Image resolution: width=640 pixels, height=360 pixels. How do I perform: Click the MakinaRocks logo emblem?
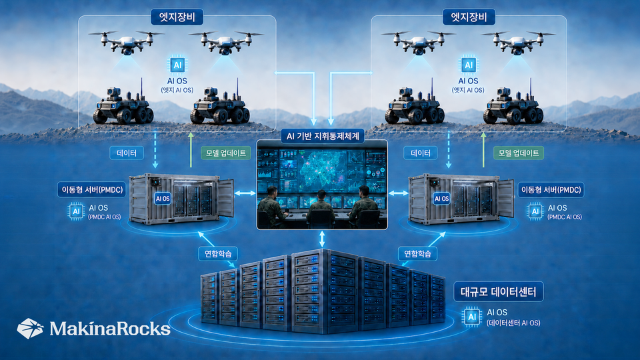point(30,328)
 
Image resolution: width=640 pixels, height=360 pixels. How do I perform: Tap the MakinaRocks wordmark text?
point(110,329)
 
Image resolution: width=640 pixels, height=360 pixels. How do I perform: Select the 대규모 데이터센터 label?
point(499,291)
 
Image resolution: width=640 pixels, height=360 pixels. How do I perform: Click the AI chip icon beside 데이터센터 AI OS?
point(472,317)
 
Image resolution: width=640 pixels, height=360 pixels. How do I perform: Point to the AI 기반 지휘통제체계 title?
point(323,136)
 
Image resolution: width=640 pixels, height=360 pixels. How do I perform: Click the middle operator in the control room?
point(321,209)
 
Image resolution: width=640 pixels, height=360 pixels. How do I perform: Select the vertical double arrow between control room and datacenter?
point(322,239)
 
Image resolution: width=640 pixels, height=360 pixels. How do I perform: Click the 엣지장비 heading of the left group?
point(177,17)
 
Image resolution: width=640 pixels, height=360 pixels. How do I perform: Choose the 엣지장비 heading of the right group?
point(469,17)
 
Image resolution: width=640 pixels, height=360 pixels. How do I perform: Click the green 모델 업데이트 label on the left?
point(226,153)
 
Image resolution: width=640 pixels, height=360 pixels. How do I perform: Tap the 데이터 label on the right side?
point(421,153)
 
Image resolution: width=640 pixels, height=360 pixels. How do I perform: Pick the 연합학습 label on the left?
point(218,254)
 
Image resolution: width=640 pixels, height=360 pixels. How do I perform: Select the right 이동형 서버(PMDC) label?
point(551,190)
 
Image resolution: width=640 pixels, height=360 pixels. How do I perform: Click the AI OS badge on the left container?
point(163,199)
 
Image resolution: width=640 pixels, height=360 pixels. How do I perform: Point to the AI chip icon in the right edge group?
point(469,65)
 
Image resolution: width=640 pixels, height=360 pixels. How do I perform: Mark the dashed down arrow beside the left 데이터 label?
point(155,149)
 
